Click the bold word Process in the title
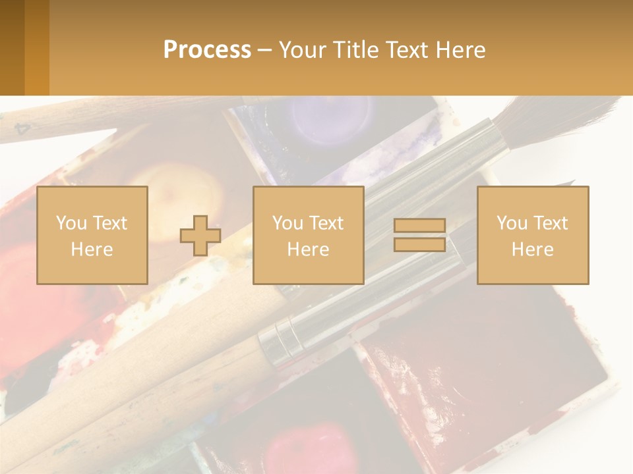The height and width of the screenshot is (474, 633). (x=207, y=50)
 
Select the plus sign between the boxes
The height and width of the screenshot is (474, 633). (x=200, y=235)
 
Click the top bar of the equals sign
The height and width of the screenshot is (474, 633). (x=419, y=226)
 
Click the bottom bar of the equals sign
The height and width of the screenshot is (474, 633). (x=419, y=244)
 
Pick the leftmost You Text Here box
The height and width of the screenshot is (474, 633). (x=92, y=235)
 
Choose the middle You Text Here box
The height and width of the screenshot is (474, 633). (x=309, y=235)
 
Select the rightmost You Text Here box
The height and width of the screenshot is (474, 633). (x=533, y=235)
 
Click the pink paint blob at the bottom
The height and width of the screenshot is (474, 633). (x=310, y=444)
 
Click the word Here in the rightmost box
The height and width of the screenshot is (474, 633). (x=533, y=249)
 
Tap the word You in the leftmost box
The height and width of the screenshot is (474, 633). (x=71, y=223)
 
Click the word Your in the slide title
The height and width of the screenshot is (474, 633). (x=301, y=50)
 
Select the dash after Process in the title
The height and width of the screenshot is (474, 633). (x=264, y=50)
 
